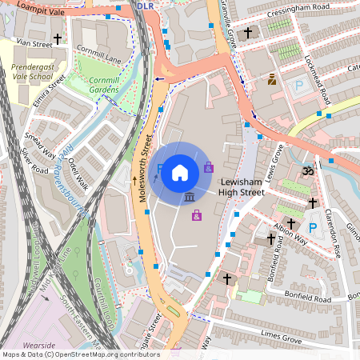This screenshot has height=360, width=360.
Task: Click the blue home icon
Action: [180, 172]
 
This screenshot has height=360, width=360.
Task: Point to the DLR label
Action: [145, 6]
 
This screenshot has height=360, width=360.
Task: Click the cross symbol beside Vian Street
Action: [57, 38]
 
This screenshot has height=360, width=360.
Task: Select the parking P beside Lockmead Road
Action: [299, 85]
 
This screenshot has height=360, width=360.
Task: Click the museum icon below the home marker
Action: [190, 197]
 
